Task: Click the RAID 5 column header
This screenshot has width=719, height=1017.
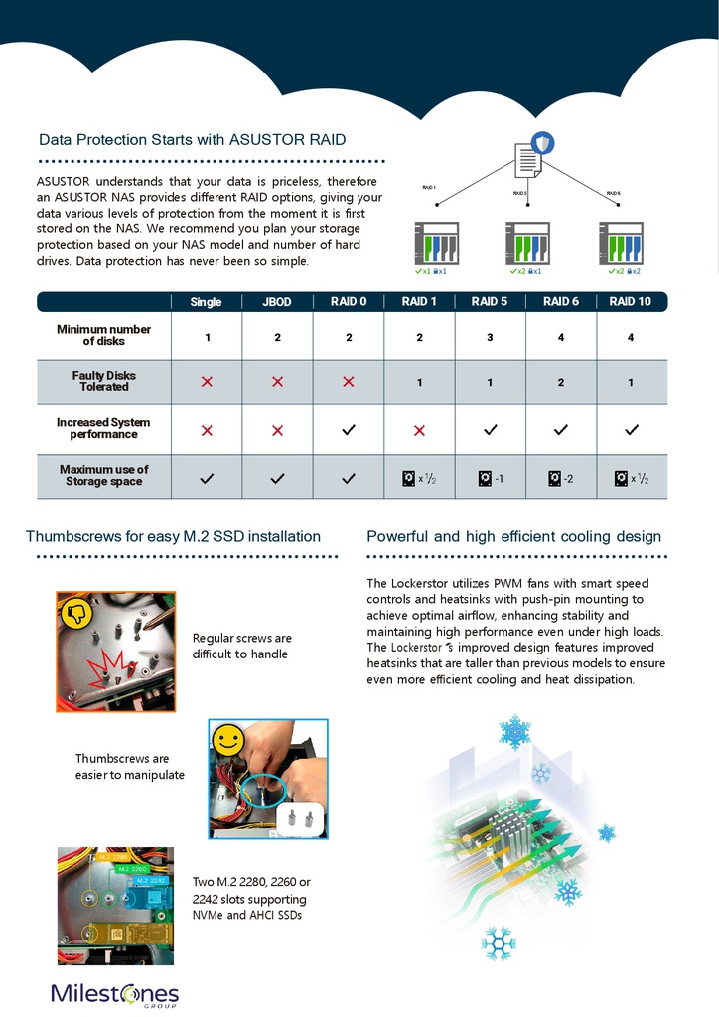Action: click(x=490, y=302)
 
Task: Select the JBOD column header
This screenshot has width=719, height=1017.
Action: click(x=277, y=302)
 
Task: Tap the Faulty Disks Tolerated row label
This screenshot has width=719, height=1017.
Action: click(x=104, y=381)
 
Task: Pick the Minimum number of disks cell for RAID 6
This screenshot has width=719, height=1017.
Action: click(x=561, y=338)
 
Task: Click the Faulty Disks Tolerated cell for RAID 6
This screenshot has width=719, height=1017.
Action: click(x=561, y=382)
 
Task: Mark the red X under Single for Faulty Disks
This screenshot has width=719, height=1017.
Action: click(x=207, y=382)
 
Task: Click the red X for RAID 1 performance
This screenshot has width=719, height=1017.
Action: click(x=419, y=430)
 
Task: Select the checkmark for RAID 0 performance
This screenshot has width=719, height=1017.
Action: click(x=349, y=430)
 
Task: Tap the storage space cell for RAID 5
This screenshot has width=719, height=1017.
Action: click(x=490, y=479)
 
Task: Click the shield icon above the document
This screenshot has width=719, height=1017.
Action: click(x=542, y=143)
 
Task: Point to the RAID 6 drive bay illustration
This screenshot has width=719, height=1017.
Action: click(x=621, y=243)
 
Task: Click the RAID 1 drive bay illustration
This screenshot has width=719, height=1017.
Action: click(x=435, y=243)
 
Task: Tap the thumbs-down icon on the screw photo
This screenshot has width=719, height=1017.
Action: click(x=76, y=613)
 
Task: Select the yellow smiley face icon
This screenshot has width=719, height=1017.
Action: click(x=228, y=739)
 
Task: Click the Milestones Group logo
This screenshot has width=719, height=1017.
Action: click(x=115, y=994)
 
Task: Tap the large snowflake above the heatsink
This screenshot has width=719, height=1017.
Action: click(x=514, y=734)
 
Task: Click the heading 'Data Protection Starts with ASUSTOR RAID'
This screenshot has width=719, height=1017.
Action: click(x=192, y=140)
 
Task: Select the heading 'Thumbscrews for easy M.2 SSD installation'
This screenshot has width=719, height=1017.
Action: click(x=173, y=537)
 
